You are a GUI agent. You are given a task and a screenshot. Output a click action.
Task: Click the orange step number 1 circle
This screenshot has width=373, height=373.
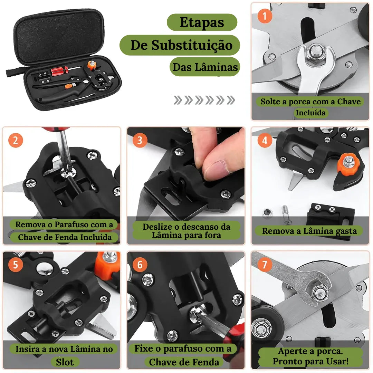pyautogui.click(x=265, y=16)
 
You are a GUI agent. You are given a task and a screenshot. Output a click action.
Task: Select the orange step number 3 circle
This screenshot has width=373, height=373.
pyautogui.click(x=140, y=141)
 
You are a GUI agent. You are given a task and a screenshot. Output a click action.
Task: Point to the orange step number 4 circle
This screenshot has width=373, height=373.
pyautogui.click(x=265, y=141)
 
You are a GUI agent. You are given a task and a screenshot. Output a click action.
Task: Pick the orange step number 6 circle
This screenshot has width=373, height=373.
pyautogui.click(x=140, y=265)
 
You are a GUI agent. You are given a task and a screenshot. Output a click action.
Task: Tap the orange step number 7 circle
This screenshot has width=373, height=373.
pyautogui.click(x=265, y=265)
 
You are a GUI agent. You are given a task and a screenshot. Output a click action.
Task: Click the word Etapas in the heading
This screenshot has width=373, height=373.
pyautogui.click(x=202, y=22)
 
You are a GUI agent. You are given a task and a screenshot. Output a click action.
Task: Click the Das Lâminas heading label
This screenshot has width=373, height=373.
pyautogui.click(x=205, y=67)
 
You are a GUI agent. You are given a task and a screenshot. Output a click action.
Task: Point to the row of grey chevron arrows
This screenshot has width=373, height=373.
pyautogui.click(x=204, y=100)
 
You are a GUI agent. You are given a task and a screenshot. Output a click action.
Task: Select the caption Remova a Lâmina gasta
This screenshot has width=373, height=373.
pyautogui.click(x=309, y=231)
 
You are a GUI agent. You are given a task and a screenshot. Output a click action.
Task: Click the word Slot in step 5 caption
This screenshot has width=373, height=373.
pyautogui.click(x=65, y=362)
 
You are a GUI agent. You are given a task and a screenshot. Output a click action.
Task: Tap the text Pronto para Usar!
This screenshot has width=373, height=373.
pyautogui.click(x=310, y=361)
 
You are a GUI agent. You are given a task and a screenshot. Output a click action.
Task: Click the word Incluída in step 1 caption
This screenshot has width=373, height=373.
pyautogui.click(x=310, y=113)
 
